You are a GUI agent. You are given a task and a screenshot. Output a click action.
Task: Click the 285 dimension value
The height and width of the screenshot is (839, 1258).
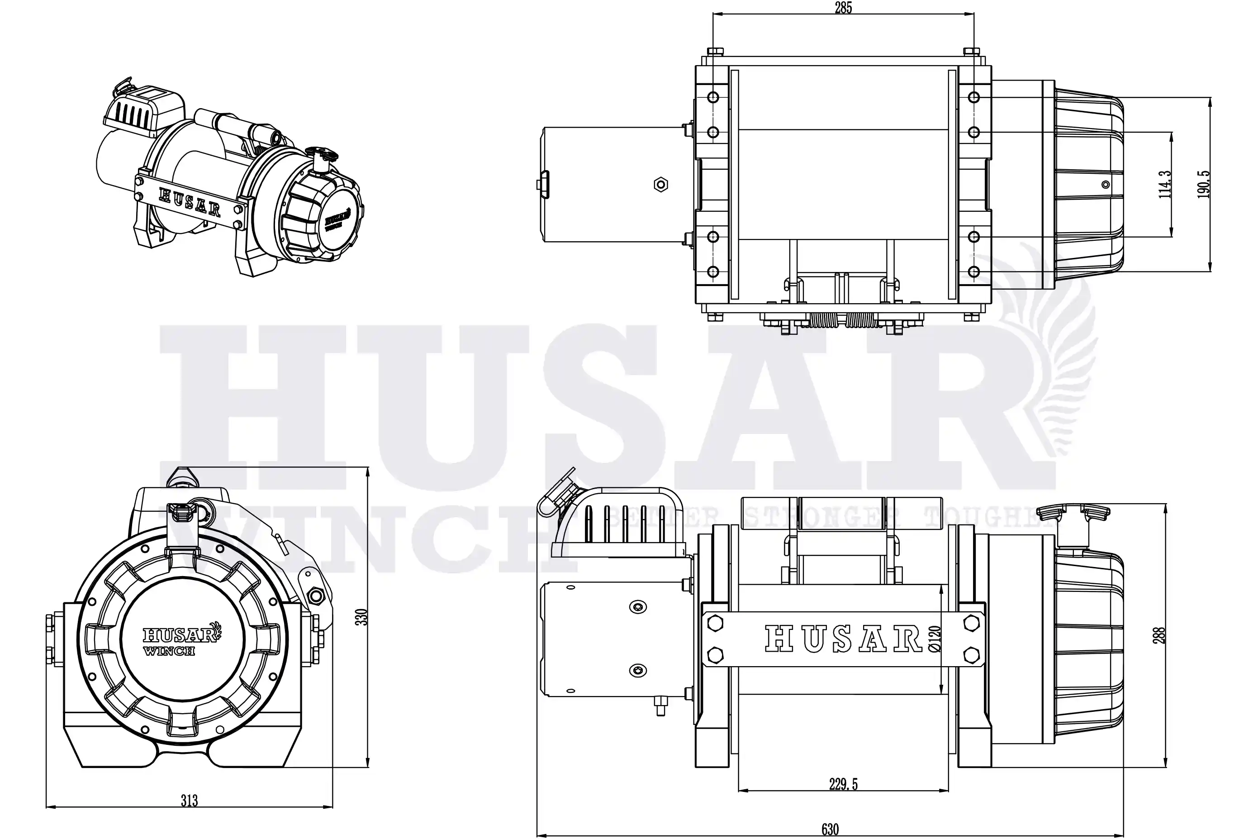pyautogui.click(x=843, y=8)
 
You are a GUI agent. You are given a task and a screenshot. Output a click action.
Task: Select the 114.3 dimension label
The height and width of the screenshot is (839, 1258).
pyautogui.click(x=1165, y=185)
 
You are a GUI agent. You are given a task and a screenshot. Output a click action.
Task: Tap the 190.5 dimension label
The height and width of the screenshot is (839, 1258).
pyautogui.click(x=1203, y=185)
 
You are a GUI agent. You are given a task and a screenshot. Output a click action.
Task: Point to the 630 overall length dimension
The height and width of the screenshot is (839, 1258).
pyautogui.click(x=830, y=829)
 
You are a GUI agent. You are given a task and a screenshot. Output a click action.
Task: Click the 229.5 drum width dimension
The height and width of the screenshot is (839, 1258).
pyautogui.click(x=843, y=784)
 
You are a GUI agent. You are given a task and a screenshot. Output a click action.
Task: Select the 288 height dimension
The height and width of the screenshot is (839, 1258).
pyautogui.click(x=1158, y=635)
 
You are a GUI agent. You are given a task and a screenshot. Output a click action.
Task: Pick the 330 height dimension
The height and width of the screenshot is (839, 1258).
pyautogui.click(x=361, y=617)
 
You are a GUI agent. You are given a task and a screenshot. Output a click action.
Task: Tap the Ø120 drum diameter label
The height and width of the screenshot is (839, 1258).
pyautogui.click(x=935, y=639)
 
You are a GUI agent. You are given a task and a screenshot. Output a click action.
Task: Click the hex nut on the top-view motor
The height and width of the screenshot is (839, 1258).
pyautogui.click(x=661, y=185)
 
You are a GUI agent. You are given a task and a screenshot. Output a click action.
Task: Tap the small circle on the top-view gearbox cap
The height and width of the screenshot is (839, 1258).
pyautogui.click(x=1106, y=185)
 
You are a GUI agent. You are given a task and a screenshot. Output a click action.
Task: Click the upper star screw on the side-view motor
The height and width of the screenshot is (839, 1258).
pyautogui.click(x=638, y=607)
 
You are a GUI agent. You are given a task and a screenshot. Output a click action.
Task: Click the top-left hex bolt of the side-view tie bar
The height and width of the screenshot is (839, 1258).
pyautogui.click(x=715, y=623)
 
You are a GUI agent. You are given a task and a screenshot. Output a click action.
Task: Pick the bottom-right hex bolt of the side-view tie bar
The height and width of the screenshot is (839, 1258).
pyautogui.click(x=971, y=654)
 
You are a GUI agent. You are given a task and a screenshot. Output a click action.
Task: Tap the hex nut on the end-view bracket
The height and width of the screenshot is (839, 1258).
pyautogui.click(x=314, y=596)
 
